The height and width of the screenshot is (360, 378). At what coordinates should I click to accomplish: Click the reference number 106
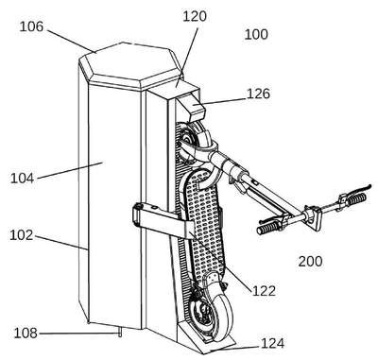pos(31,26)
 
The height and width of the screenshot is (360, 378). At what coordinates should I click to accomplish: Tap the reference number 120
pos(195,16)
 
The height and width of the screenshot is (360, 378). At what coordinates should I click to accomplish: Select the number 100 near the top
pos(256,34)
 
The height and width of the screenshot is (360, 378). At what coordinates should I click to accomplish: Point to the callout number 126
pos(258,94)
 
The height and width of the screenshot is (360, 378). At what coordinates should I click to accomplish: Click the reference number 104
pos(22,179)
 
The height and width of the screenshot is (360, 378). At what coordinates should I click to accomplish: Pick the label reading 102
pos(21,235)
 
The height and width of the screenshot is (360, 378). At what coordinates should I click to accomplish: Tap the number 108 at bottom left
pos(26,334)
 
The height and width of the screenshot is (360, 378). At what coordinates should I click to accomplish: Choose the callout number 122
pos(264,291)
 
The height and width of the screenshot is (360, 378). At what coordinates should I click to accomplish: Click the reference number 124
pos(272,343)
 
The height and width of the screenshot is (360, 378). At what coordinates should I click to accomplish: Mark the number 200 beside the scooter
pos(310,262)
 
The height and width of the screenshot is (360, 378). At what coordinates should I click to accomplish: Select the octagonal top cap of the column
pos(130,67)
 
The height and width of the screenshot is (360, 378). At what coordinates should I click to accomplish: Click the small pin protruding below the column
pos(120,333)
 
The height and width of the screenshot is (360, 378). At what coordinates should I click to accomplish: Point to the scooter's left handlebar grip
pos(268,228)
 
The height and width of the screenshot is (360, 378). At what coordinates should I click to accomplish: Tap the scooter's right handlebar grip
pos(357,198)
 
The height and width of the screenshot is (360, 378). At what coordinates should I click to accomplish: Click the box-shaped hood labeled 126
pos(192,107)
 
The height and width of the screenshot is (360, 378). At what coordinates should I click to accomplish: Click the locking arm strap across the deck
pos(163,220)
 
